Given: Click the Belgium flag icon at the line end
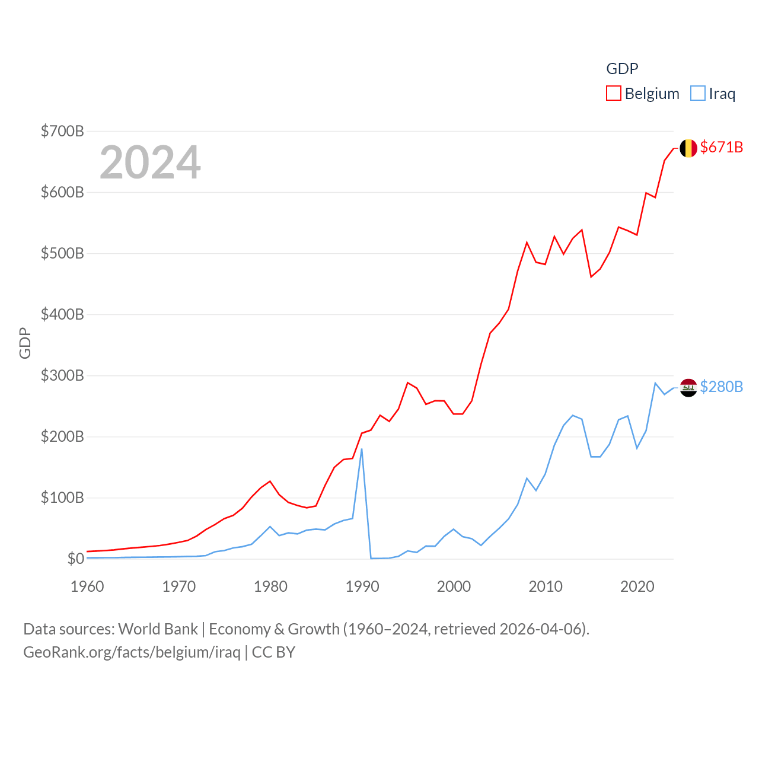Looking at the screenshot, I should (x=688, y=148).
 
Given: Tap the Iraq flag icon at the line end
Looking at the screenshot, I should (x=688, y=388).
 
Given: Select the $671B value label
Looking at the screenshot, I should (x=721, y=147).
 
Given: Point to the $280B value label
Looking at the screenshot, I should (x=721, y=387).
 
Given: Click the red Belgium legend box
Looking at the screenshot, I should (x=613, y=94).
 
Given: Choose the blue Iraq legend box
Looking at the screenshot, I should (x=698, y=94).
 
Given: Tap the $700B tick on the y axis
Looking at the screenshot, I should (x=62, y=131).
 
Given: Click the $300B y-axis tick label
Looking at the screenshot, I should (x=62, y=375).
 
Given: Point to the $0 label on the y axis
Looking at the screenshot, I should (x=75, y=559).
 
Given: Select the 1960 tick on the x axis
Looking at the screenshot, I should (x=87, y=586).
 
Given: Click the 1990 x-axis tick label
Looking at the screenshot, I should (x=362, y=586).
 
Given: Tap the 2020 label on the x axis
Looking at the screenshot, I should (x=637, y=586).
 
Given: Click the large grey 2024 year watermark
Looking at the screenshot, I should (x=150, y=162).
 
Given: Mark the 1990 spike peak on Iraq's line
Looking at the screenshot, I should (x=362, y=449).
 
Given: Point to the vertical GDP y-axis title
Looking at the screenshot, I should (x=25, y=343).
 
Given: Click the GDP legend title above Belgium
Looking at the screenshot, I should (x=622, y=69).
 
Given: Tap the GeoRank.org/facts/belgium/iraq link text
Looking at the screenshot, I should (x=132, y=652).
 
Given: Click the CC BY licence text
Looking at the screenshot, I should (x=273, y=652).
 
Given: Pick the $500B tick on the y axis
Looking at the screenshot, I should (x=62, y=253).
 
